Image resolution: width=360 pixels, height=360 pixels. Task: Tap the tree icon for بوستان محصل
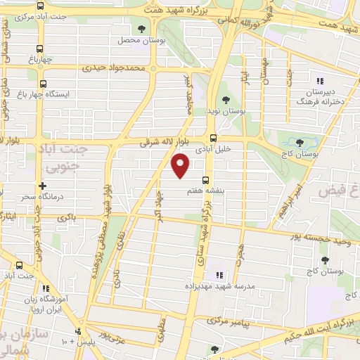[x=142, y=29]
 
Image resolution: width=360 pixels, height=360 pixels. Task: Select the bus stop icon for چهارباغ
[x=40, y=49]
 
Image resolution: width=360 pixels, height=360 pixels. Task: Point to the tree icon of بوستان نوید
[x=226, y=100]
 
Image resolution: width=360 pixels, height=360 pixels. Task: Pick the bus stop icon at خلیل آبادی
[x=214, y=138]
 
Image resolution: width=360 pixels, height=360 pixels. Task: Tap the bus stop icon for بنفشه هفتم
[x=205, y=180]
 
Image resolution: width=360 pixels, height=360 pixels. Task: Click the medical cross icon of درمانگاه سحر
[x=43, y=186]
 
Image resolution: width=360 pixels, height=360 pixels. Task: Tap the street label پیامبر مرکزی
[x=228, y=321]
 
